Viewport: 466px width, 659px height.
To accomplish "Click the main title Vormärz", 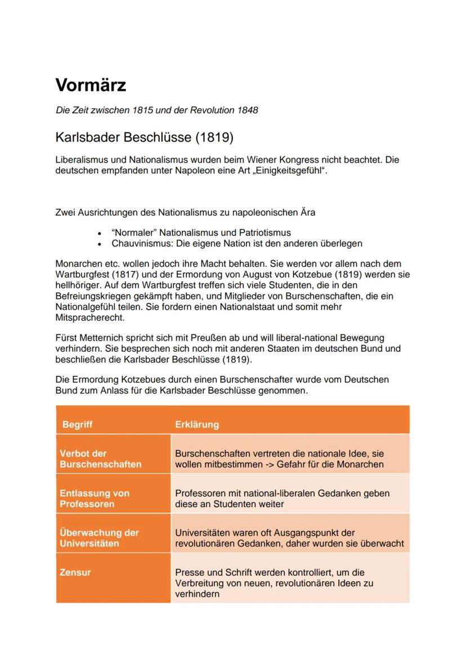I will click(91, 86).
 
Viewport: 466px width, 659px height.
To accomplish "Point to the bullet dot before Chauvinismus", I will click(100, 244).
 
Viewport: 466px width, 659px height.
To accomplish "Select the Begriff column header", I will click(77, 424).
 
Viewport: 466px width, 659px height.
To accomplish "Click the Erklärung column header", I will click(197, 424).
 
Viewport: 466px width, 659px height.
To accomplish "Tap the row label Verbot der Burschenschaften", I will click(100, 459).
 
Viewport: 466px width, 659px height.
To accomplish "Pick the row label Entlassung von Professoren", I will click(95, 498).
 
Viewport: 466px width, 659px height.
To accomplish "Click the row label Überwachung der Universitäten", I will click(99, 538).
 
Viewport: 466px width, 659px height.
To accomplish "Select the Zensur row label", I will click(75, 572).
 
